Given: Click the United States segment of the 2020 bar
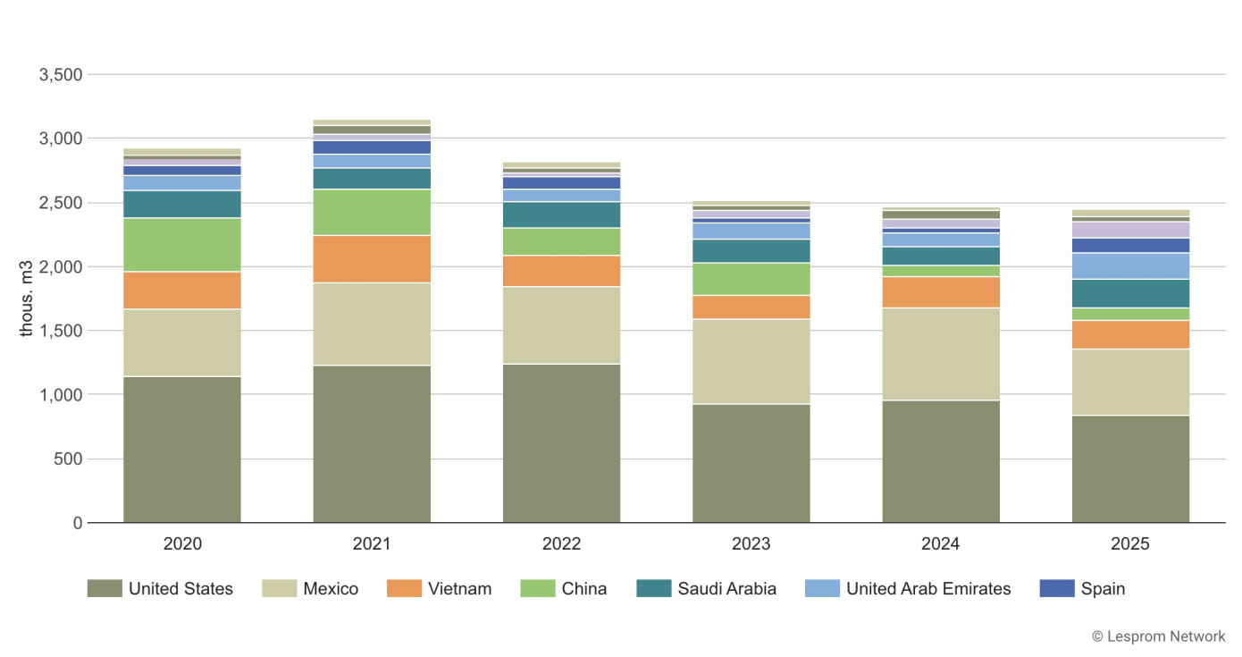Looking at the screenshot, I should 182,449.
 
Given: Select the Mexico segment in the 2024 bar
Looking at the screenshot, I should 941,354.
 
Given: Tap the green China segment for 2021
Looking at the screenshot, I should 372,212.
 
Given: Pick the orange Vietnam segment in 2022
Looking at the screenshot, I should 561,271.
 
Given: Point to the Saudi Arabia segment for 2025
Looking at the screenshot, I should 1130,293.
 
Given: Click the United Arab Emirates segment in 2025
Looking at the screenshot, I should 1130,265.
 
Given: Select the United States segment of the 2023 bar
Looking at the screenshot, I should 751,463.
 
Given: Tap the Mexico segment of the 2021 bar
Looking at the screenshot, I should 372,324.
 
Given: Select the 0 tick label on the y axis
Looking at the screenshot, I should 78,523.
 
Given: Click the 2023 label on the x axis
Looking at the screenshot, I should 751,543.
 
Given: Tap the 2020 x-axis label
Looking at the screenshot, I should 182,543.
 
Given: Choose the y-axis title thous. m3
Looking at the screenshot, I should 27,299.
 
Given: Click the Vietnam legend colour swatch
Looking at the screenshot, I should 403,588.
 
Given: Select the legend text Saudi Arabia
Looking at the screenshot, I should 726,588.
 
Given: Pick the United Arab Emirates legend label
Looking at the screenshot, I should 928,588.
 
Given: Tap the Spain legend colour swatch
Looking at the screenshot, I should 1057,588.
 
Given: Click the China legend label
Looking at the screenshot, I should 583,588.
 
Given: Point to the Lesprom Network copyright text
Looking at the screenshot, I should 1158,636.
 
